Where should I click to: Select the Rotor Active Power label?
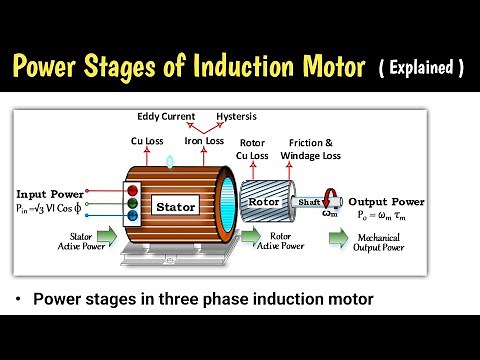(x=288, y=241)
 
